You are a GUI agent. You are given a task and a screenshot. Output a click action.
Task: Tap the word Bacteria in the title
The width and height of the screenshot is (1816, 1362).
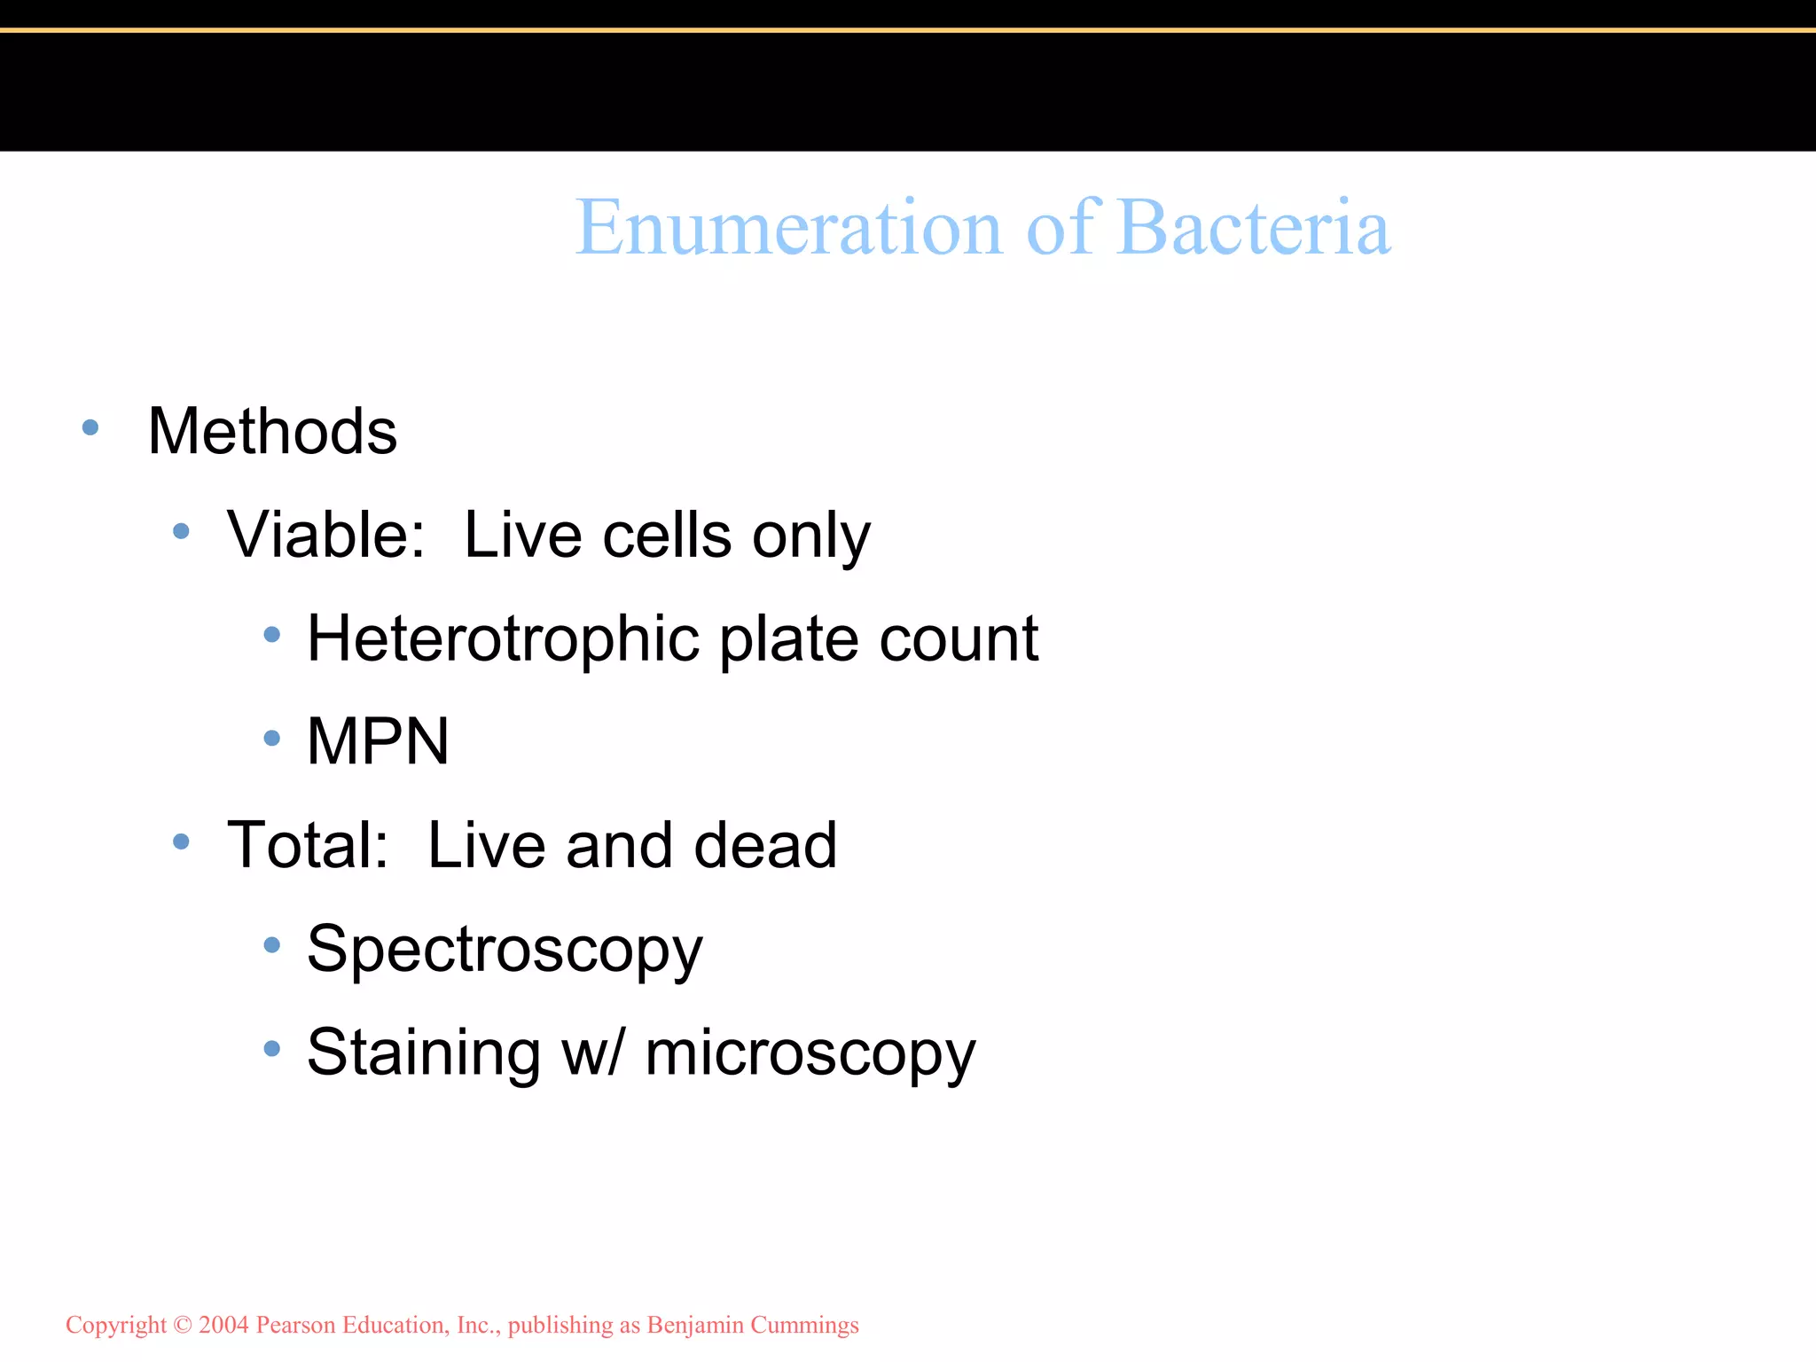click(1254, 228)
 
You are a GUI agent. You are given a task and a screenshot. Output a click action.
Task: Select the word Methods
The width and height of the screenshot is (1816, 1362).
click(272, 432)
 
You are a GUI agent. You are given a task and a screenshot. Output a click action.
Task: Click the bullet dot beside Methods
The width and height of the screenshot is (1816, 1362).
click(90, 428)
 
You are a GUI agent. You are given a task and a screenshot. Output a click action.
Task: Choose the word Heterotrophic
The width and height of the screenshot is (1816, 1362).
click(504, 638)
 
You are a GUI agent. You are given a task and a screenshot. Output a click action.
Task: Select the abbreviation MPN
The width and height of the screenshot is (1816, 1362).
click(378, 741)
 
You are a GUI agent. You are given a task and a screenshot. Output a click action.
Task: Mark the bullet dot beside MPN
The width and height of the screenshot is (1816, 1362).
click(272, 738)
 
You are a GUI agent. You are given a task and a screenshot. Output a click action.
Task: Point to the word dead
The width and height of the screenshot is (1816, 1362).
click(765, 845)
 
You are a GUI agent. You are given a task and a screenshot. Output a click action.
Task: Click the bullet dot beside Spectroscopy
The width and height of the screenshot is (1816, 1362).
click(272, 945)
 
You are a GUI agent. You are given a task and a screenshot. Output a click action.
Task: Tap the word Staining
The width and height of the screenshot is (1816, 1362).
click(424, 1053)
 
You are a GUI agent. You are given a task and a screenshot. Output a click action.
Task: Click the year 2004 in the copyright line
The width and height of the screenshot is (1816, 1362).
click(223, 1325)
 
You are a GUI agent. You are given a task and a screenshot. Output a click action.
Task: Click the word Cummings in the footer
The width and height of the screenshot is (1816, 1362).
click(804, 1326)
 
